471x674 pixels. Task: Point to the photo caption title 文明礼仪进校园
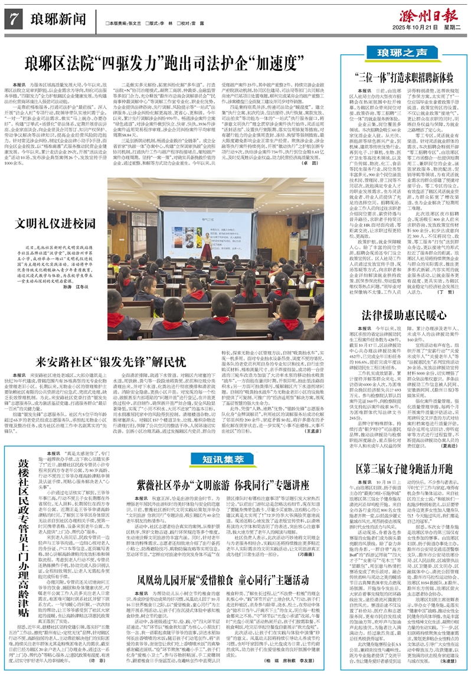42,224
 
